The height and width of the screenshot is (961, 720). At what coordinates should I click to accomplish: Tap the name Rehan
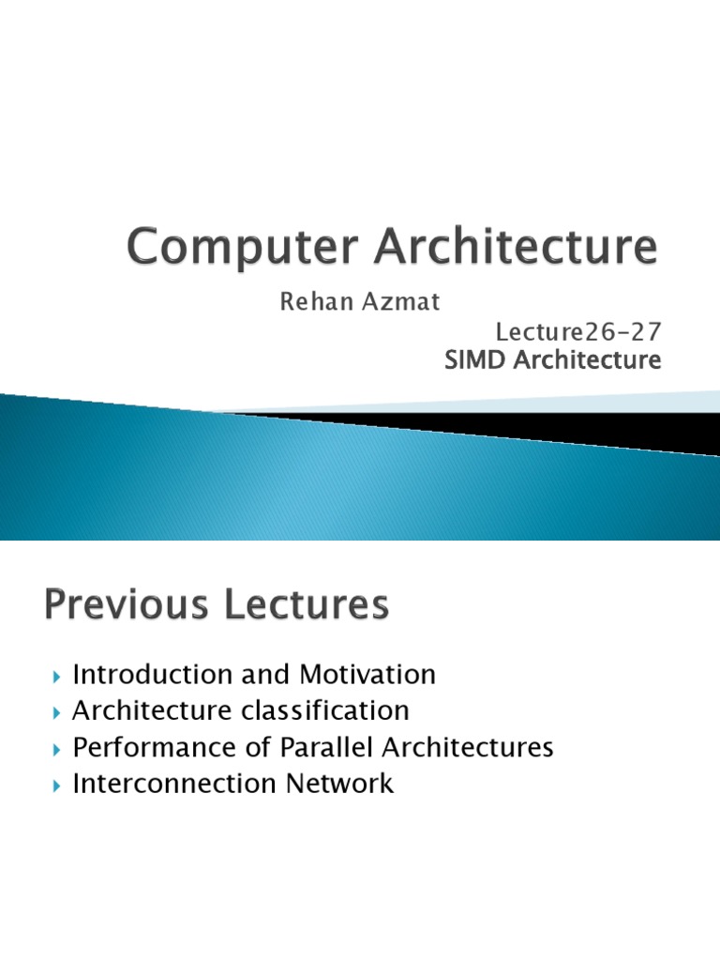pyautogui.click(x=310, y=304)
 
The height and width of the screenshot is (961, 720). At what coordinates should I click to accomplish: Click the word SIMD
pyautogui.click(x=475, y=359)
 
